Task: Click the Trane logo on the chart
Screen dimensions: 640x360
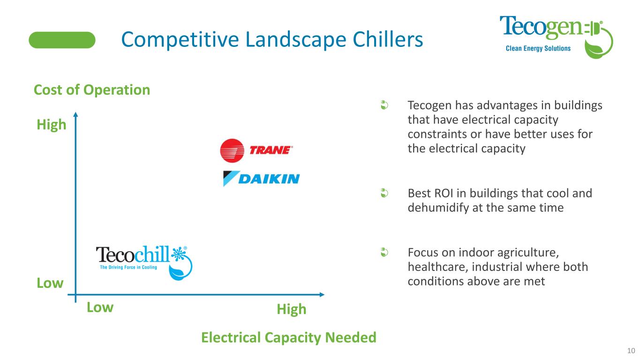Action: [x=256, y=150]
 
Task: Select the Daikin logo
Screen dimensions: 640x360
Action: [x=261, y=179]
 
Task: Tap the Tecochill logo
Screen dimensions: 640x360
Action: [x=144, y=262]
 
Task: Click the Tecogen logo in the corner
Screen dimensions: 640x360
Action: [x=556, y=37]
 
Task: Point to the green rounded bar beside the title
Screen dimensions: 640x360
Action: [x=62, y=40]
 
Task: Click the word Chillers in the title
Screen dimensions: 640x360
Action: [x=388, y=39]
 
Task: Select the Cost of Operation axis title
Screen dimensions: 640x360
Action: [x=92, y=90]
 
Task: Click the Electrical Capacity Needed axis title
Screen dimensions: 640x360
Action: [x=288, y=337]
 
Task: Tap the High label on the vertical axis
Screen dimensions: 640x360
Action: [x=52, y=125]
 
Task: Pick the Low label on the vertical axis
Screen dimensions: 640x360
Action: [x=50, y=283]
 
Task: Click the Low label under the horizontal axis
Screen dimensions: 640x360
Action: [x=100, y=307]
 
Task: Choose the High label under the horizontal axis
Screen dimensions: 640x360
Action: [x=292, y=309]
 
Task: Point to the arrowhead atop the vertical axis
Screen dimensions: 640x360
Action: [x=75, y=114]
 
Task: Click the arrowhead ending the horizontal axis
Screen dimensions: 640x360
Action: [x=322, y=294]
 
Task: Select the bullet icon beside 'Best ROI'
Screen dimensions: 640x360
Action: [x=384, y=193]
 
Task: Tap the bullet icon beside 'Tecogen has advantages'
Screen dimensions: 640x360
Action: [x=384, y=105]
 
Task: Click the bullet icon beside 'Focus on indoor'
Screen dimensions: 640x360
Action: [x=384, y=252]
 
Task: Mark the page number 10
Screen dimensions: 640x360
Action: [x=631, y=351]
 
